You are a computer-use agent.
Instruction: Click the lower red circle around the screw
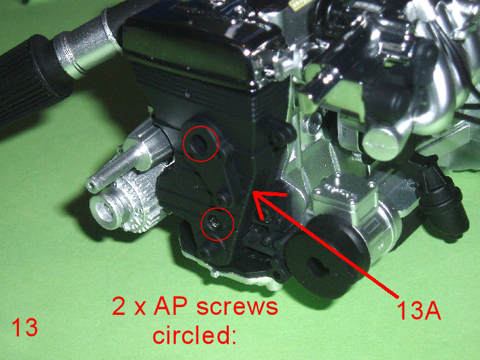201,224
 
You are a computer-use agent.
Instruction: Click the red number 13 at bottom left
25,327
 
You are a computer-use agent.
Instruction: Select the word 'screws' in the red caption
237,306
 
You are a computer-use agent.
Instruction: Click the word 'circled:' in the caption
195,334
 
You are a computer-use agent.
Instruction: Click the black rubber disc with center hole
324,257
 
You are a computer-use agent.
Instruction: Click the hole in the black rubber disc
317,267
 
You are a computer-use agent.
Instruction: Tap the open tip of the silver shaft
90,186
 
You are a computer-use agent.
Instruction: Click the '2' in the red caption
119,306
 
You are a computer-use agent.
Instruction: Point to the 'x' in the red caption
141,309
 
